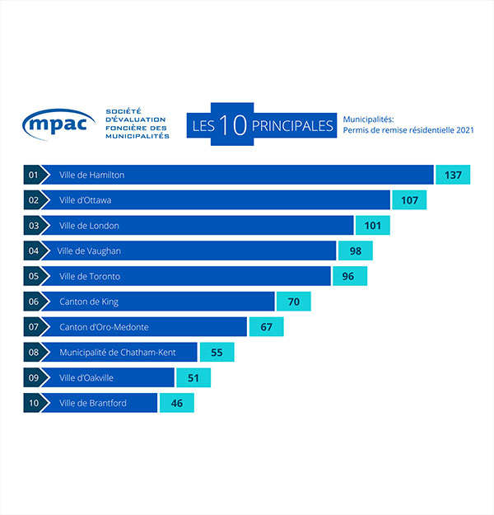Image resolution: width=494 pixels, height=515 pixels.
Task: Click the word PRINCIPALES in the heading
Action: [293, 126]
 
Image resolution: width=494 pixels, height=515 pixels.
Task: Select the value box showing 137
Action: [453, 175]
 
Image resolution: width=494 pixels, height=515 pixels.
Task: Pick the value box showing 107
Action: [409, 200]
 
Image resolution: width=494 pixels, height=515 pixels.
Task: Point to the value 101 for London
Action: [372, 226]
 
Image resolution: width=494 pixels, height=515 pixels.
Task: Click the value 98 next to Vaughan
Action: [355, 251]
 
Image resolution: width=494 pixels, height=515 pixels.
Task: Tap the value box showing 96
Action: [348, 277]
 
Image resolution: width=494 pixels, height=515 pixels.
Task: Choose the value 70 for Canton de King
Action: [293, 302]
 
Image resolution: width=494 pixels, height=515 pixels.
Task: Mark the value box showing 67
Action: [266, 327]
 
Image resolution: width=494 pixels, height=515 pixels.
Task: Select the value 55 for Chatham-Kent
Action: [217, 352]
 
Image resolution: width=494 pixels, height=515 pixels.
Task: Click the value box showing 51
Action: [193, 377]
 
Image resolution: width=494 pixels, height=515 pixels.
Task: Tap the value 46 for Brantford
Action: [176, 403]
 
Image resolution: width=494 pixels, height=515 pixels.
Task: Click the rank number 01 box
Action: [34, 175]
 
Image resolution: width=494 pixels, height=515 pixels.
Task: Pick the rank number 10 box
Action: [34, 403]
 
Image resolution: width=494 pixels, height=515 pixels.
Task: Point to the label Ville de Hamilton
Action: [91, 175]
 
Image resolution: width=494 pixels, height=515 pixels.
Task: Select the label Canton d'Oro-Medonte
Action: [104, 327]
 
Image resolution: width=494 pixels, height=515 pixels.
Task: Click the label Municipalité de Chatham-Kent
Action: [117, 352]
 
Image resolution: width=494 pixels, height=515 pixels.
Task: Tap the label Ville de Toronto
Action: [89, 277]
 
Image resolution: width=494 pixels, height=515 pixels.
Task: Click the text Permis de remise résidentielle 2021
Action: [408, 130]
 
